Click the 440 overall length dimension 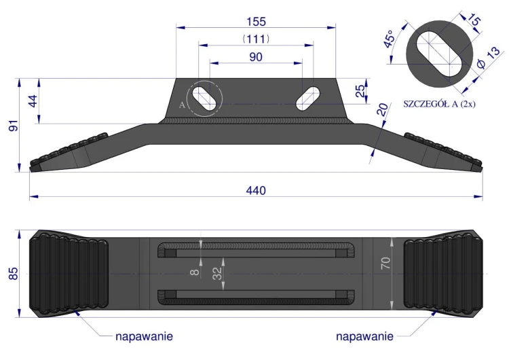pyautogui.click(x=256, y=190)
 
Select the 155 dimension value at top pyautogui.click(x=256, y=22)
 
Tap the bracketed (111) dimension pyautogui.click(x=256, y=39)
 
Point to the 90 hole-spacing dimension pyautogui.click(x=256, y=57)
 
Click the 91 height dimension pyautogui.click(x=14, y=126)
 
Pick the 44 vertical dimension pyautogui.click(x=33, y=101)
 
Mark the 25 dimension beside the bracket pyautogui.click(x=360, y=91)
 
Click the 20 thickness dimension pyautogui.click(x=382, y=109)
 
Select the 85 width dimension pyautogui.click(x=14, y=274)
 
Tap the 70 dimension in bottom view pyautogui.click(x=385, y=263)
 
